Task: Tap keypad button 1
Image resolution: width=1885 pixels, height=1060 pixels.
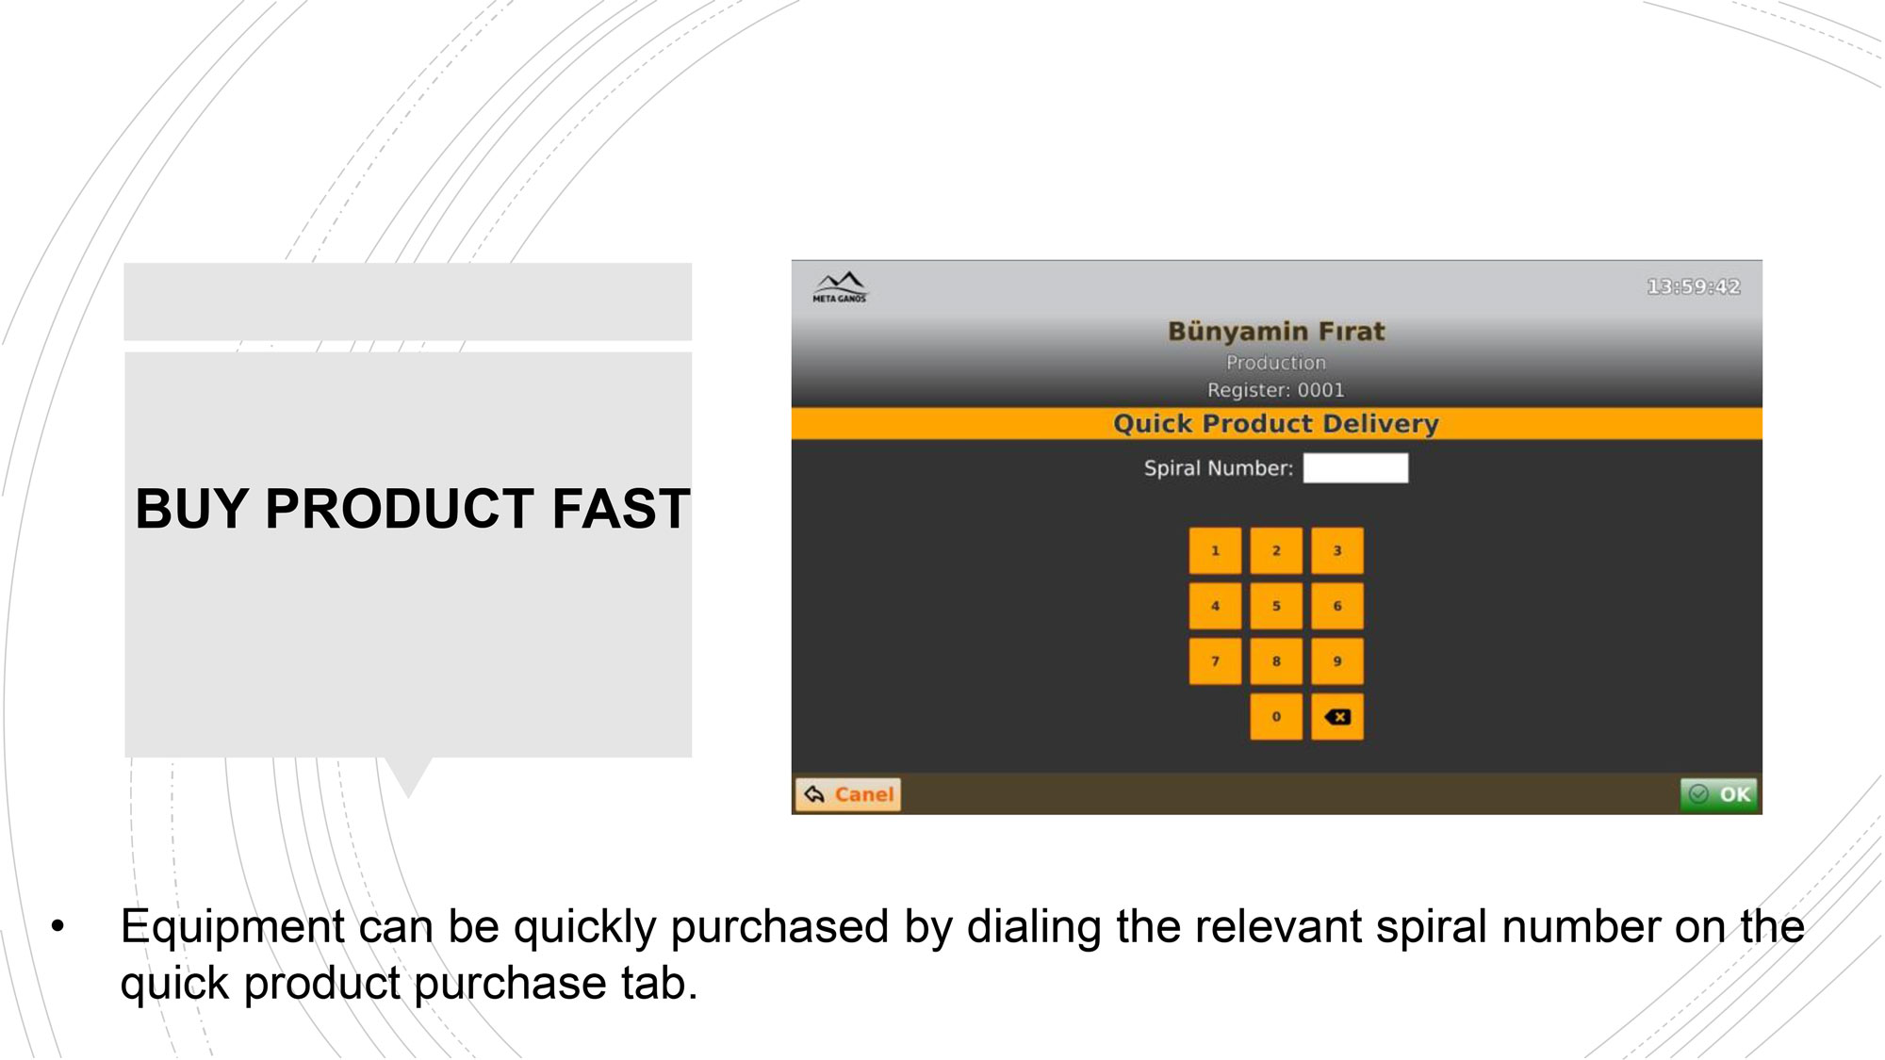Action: [1215, 550]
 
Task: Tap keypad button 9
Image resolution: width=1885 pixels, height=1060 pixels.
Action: [1337, 661]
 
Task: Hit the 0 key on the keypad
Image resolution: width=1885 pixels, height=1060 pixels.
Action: [1276, 717]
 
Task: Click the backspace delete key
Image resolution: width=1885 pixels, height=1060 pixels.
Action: [1337, 717]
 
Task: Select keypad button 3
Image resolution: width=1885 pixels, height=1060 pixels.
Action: [1337, 550]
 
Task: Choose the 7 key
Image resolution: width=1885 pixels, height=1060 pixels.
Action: [1215, 661]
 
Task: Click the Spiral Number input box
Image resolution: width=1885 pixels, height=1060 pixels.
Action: [1355, 468]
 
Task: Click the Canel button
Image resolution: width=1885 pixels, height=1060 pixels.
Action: [848, 794]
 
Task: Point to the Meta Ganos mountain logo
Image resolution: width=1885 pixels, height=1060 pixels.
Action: [839, 286]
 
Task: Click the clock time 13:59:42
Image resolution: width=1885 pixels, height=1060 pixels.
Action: [1694, 286]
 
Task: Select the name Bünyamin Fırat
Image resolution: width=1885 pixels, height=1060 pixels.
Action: [1276, 332]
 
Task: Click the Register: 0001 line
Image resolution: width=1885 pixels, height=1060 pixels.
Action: [1276, 390]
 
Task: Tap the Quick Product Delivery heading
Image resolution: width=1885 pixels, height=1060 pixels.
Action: [1276, 424]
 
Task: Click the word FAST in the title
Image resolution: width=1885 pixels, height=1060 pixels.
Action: [621, 509]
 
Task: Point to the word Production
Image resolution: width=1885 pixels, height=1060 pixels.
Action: [1276, 363]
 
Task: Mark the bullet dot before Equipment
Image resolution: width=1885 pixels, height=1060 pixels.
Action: [58, 926]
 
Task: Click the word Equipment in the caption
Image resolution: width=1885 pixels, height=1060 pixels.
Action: [233, 927]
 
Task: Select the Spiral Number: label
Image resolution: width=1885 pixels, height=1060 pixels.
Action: [1219, 468]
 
